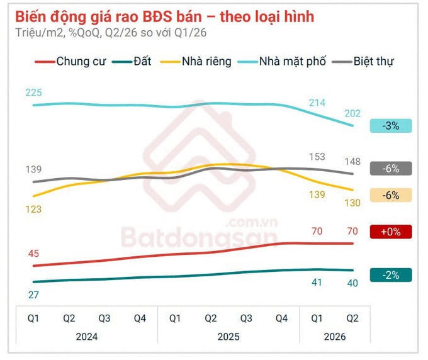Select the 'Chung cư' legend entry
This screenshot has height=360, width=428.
coord(70,62)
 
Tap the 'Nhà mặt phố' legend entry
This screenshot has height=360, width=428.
coord(282,62)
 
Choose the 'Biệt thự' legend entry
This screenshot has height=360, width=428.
coord(363,62)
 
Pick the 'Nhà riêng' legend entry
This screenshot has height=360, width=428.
coord(196,62)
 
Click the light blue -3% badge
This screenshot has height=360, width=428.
coord(391,126)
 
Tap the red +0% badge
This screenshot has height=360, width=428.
coord(391,232)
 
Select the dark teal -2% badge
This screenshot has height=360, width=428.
coord(391,275)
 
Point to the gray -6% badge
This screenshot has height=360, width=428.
coord(391,169)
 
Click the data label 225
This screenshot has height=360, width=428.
coord(33,93)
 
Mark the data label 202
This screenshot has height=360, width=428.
coord(352,113)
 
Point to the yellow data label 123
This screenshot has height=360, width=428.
coord(33,210)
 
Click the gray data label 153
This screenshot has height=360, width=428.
coord(317,157)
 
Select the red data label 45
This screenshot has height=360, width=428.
coord(33,254)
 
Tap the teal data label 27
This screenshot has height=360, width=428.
coord(33,295)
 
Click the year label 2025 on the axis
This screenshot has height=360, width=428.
coord(228,337)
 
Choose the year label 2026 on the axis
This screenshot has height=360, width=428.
coord(335,337)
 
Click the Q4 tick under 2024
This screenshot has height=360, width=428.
coord(140,318)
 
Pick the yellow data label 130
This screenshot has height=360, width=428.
coord(352,203)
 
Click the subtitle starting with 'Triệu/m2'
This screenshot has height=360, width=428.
coord(111,33)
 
